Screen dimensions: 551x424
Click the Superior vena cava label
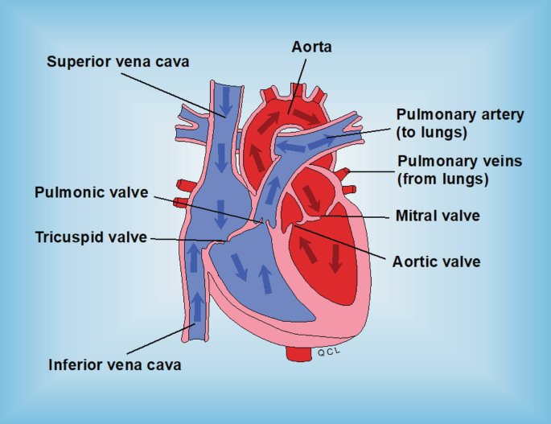click(x=117, y=61)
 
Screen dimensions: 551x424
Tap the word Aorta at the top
click(x=312, y=47)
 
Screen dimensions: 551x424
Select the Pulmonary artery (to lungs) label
click(x=459, y=123)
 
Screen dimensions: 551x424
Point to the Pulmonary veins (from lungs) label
click(x=459, y=169)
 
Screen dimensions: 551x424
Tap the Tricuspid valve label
click(x=91, y=237)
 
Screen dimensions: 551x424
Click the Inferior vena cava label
click(x=113, y=364)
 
